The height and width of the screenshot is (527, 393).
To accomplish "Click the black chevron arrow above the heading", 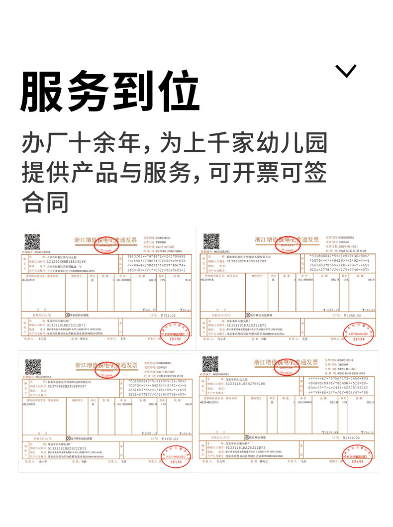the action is tap(346, 71).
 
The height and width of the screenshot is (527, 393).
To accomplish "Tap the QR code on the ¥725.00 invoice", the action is tap(33, 241).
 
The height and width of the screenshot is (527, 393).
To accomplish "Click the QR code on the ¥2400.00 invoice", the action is tap(210, 364).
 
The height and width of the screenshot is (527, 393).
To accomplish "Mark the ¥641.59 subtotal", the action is tap(149, 309).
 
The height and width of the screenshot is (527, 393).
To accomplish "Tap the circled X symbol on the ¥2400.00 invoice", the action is tap(247, 438).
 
